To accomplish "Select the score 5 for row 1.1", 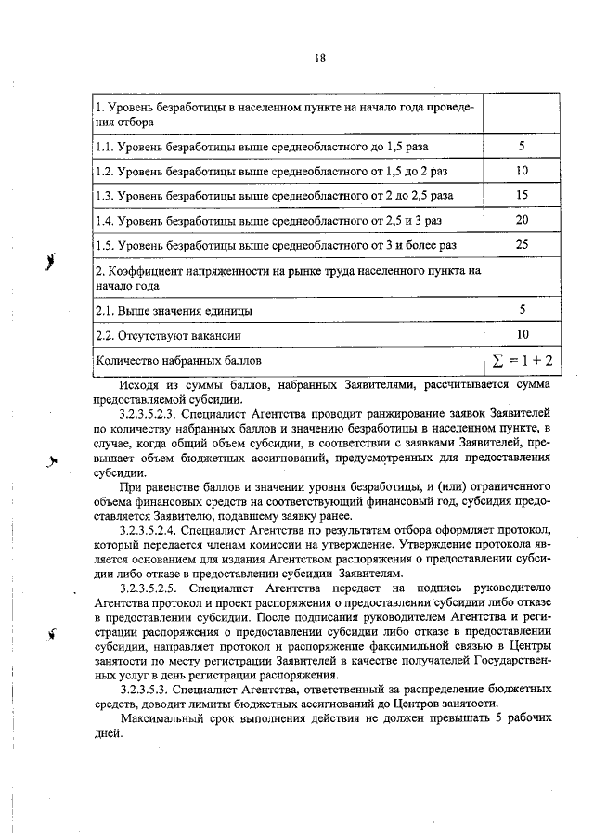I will point(522,147).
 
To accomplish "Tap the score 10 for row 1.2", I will point(522,171).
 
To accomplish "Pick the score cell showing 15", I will point(522,195).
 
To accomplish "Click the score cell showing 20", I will point(522,219).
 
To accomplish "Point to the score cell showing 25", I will point(522,243).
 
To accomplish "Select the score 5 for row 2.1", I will point(522,310).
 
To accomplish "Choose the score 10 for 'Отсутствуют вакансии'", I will point(522,334).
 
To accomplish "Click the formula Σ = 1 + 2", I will point(522,358).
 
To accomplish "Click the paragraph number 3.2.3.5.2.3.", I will point(148,409).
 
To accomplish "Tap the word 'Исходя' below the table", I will point(139,382).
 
